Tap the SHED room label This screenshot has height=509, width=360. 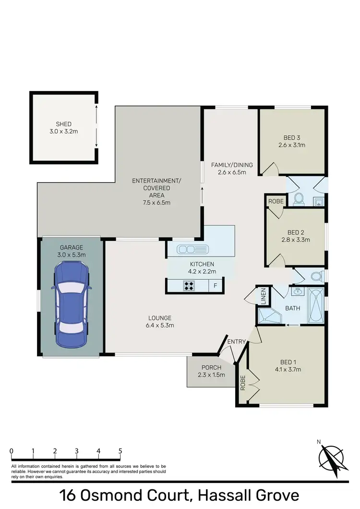click(x=63, y=124)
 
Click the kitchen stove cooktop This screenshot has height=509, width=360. click(x=189, y=286)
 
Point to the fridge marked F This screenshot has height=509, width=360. click(x=216, y=286)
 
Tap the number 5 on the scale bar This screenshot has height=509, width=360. click(x=120, y=451)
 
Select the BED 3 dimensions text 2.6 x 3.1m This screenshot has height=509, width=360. click(x=292, y=144)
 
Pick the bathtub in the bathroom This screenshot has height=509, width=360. click(x=316, y=306)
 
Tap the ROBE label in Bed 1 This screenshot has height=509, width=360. click(x=243, y=382)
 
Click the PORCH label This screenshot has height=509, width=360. click(x=212, y=367)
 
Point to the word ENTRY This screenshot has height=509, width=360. click(x=237, y=342)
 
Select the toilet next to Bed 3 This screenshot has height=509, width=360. click(x=298, y=199)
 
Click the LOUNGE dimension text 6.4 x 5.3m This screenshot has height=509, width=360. click(x=160, y=325)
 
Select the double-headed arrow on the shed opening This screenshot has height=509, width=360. click(x=96, y=126)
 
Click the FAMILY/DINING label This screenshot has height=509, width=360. click(x=232, y=165)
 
